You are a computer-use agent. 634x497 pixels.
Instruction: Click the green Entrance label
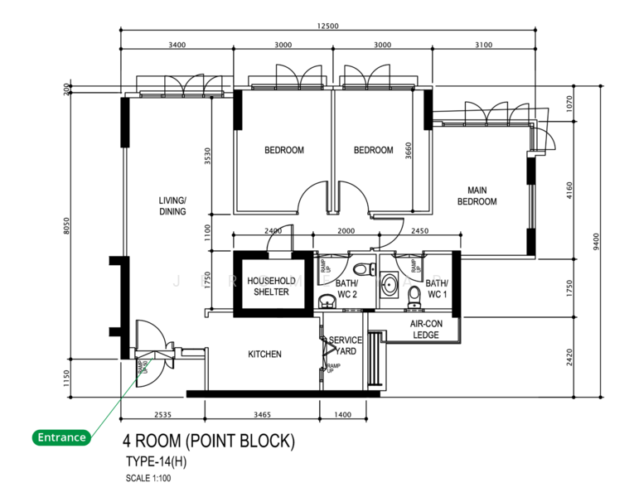(61, 437)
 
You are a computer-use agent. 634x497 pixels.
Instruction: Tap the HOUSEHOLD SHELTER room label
(271, 286)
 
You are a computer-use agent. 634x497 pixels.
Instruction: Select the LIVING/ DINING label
(172, 205)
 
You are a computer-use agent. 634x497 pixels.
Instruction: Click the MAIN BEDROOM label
(477, 195)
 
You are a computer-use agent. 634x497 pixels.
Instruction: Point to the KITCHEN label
(264, 355)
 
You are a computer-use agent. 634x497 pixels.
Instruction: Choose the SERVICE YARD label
(345, 345)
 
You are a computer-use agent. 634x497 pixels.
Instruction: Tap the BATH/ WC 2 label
(346, 289)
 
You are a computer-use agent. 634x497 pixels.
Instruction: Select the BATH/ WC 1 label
(436, 288)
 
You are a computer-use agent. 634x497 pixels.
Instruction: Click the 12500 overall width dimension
(327, 26)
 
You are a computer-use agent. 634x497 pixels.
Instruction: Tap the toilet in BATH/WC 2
(361, 270)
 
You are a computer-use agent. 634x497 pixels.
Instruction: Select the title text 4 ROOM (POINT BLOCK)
(208, 442)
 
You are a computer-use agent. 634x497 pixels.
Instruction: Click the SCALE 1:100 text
(149, 478)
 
